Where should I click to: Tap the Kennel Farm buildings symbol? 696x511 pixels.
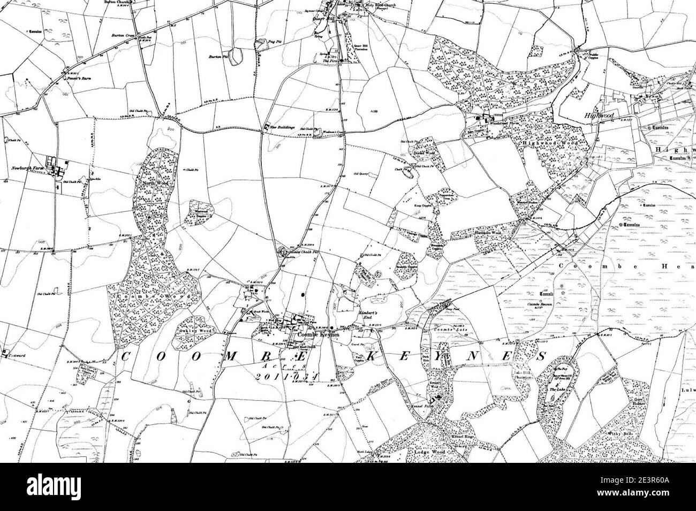(437, 398)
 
